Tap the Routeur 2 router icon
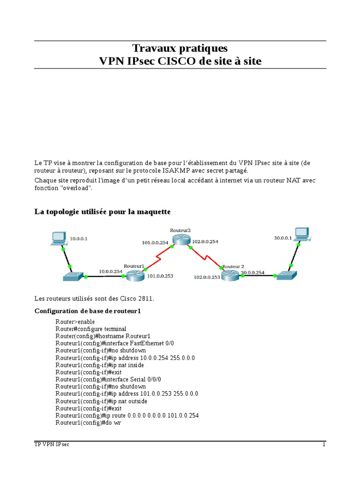[230, 275]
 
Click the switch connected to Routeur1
[73, 277]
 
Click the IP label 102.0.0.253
[207, 277]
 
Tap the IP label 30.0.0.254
[252, 272]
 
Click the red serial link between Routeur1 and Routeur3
[158, 256]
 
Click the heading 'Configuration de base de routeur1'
[88, 311]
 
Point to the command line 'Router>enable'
[75, 322]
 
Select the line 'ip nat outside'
[101, 401]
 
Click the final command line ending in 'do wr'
[89, 423]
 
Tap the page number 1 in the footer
[323, 444]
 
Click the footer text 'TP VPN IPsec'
[52, 444]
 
